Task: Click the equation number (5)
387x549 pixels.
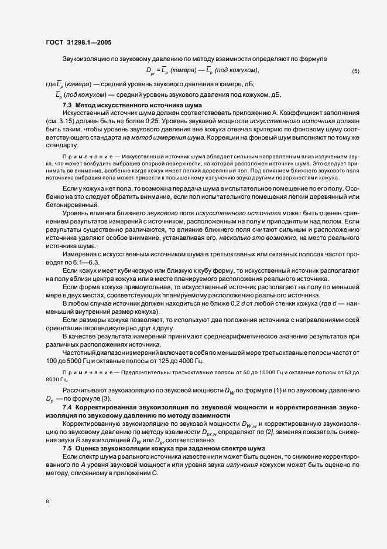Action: click(x=355, y=71)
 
